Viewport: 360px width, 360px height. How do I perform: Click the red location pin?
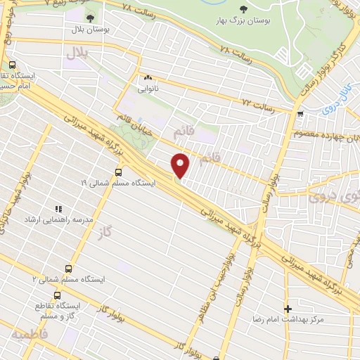181,165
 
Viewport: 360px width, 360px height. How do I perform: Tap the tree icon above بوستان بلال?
94,18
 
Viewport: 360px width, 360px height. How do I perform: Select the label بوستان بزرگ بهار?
243,21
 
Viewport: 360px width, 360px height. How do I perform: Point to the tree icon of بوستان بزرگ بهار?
243,8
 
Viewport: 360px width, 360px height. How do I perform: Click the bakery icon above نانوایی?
148,78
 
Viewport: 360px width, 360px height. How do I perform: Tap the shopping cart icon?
300,114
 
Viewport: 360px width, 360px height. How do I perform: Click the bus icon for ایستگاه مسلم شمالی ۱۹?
118,171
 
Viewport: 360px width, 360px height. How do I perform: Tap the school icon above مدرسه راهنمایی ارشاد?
58,209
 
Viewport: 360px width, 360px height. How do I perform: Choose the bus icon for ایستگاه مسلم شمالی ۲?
68,268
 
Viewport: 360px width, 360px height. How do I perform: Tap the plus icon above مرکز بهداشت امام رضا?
287,309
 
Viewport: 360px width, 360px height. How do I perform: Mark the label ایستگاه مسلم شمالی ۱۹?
120,182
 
